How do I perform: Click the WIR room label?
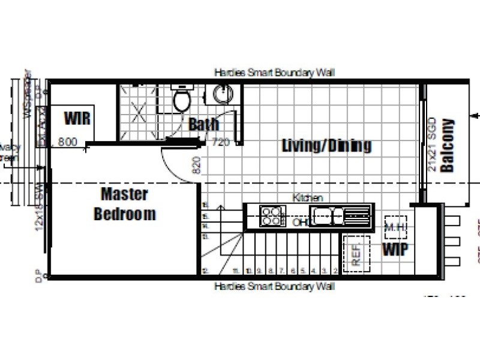[77, 118]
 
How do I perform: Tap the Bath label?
[203, 125]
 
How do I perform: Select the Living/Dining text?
[326, 145]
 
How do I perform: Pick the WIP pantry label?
[395, 249]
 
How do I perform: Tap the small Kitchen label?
[307, 197]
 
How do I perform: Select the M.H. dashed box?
[395, 227]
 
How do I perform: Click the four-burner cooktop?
[272, 215]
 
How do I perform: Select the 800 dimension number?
[68, 143]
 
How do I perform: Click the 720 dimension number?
[221, 143]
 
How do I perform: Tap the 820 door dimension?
[195, 165]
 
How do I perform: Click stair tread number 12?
[205, 271]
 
